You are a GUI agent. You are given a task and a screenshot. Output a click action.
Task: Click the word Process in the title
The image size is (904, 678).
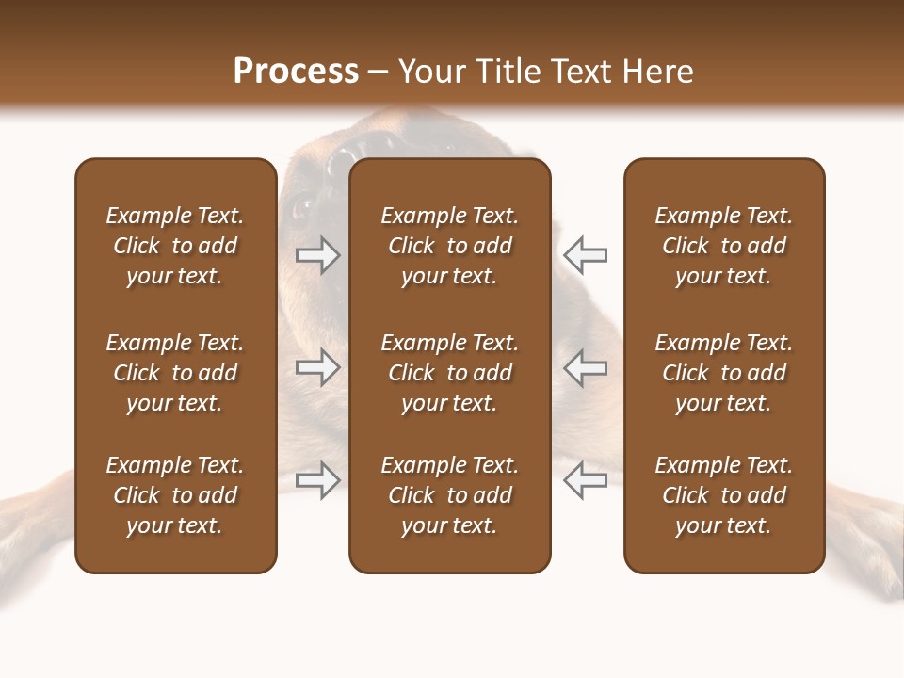(296, 72)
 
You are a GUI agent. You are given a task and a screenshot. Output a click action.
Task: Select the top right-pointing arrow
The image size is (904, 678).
(317, 255)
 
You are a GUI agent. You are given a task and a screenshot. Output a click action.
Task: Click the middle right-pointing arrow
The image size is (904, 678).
(317, 367)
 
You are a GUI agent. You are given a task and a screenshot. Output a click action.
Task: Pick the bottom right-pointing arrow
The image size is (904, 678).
(317, 480)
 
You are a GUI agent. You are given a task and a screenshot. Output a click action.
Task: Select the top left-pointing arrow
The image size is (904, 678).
(586, 255)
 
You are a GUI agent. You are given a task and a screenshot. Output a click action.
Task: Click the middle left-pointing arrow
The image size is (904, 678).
(586, 367)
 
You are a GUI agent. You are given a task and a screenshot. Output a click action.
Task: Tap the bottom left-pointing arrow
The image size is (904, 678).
(586, 480)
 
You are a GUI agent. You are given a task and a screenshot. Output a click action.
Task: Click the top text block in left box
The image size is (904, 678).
(175, 246)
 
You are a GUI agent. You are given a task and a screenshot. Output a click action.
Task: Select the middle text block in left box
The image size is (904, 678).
(175, 373)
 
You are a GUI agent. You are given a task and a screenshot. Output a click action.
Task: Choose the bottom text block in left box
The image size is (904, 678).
(175, 495)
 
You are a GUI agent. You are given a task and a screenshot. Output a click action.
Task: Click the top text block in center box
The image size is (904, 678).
(449, 246)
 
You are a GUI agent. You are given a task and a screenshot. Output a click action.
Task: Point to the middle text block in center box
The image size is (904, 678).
(449, 373)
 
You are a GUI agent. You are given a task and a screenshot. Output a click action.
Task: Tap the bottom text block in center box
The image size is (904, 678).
(449, 495)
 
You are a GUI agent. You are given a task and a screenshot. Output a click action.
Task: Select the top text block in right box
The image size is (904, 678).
(723, 246)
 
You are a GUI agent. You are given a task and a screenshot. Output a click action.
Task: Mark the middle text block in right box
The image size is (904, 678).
(723, 373)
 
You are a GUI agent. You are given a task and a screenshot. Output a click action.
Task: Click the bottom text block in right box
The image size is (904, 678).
(723, 495)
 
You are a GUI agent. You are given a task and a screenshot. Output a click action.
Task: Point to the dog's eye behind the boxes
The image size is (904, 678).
(302, 205)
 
